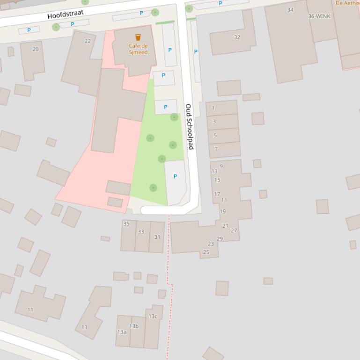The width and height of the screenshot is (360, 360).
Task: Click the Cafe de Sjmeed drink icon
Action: coord(138,37)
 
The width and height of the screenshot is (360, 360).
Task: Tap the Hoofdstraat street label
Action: coord(65,14)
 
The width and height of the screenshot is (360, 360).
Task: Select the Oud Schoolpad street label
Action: coord(189,126)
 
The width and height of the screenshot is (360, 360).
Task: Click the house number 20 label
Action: coord(36,49)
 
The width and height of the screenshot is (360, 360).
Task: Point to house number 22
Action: coord(88,41)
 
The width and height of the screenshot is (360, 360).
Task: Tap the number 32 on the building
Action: coord(237,37)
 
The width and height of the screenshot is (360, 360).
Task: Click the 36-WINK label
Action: coord(319,16)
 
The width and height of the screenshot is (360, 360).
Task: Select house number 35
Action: coord(126,224)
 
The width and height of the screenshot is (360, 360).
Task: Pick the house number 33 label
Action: coord(141,231)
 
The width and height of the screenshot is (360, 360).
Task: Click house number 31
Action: coord(157,237)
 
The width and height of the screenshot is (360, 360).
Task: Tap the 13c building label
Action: coord(153,317)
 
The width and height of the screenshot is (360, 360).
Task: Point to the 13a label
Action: coord(122,332)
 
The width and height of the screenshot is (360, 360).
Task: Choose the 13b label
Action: coord(134,326)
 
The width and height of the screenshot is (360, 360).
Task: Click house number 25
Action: coord(206,252)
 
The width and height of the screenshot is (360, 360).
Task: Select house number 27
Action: coord(234,230)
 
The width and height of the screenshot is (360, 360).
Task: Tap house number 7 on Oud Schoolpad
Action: coord(216,149)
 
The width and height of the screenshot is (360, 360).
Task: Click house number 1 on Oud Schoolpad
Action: coord(213,108)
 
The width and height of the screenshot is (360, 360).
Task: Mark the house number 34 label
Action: coord(290,10)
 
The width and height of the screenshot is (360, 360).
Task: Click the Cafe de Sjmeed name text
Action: coord(138,49)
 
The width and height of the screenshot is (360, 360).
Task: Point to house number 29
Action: coord(220,239)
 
